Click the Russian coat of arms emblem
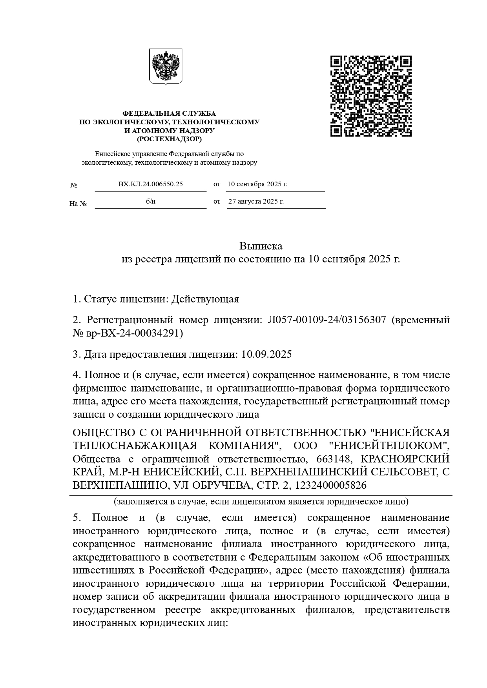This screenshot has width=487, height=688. [166, 66]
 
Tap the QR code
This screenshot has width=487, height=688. [371, 96]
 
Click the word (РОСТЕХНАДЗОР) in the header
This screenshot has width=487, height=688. [169, 139]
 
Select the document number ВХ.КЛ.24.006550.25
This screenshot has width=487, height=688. [151, 184]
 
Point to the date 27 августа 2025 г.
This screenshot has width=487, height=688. [256, 201]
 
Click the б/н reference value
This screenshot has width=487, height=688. [151, 201]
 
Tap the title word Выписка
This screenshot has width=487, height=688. [261, 246]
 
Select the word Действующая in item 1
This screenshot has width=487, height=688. [205, 299]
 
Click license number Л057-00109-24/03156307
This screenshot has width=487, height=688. [327, 320]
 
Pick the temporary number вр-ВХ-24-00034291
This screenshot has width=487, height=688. [133, 333]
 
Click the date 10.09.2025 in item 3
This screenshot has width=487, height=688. [267, 354]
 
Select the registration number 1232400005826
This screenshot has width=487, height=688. [330, 485]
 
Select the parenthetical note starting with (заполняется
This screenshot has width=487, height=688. [261, 501]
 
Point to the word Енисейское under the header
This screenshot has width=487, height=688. [111, 154]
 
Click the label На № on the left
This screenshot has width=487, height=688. [78, 204]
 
